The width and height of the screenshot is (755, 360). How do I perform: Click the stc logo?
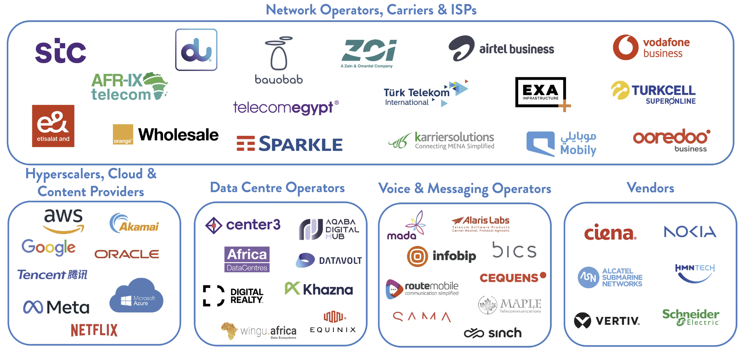coord(61,51)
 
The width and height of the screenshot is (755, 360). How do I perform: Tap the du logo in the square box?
coord(196,50)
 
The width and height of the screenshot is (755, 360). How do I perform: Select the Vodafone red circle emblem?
coord(625,47)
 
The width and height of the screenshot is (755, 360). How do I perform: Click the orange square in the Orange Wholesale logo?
coord(123,134)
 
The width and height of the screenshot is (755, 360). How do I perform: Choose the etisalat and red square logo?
coord(53,126)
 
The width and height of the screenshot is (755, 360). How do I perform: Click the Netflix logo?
coord(94,330)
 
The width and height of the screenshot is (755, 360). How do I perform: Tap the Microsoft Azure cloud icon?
coord(137,296)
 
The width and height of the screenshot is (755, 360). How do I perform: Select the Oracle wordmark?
coord(127,254)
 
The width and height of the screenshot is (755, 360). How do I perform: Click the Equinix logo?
coord(333,322)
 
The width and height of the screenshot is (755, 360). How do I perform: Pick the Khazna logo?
coord(319,289)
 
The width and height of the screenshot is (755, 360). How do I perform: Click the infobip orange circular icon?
coord(417,256)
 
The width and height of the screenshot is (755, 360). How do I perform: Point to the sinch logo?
coord(493,333)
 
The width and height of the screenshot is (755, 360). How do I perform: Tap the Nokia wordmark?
coord(690,231)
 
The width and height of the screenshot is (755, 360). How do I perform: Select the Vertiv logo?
coord(607,321)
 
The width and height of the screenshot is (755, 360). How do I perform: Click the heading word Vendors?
coord(650,188)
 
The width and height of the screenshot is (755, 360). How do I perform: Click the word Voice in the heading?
coord(394,189)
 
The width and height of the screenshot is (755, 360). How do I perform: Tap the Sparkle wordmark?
coord(301,144)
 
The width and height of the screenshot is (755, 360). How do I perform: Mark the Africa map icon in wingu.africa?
coord(229,331)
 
